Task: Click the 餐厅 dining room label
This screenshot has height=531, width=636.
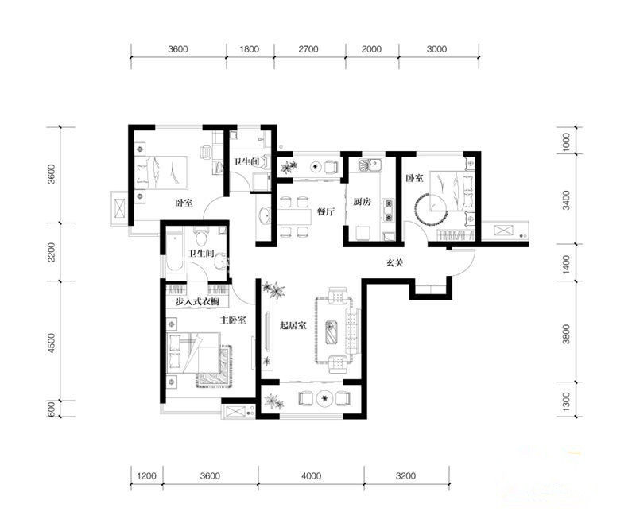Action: click(326, 211)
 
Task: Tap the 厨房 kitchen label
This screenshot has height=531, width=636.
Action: click(362, 202)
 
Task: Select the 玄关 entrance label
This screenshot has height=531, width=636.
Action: click(394, 262)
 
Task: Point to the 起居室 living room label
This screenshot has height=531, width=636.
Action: click(293, 325)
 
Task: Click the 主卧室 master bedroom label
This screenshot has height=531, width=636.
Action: click(233, 320)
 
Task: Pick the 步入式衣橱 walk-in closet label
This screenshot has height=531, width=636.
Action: click(197, 302)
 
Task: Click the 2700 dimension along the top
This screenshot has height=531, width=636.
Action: click(308, 49)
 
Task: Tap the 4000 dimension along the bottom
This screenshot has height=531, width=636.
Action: click(312, 475)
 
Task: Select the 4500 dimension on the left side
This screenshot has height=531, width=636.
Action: click(52, 343)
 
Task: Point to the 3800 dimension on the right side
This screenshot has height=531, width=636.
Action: click(566, 334)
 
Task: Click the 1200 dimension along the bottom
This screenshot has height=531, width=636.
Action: click(146, 475)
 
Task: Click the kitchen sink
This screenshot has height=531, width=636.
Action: click(369, 165)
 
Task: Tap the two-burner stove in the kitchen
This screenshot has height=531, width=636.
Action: click(389, 210)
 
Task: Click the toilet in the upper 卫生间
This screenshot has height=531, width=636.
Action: click(263, 162)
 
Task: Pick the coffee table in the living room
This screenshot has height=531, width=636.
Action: click(332, 331)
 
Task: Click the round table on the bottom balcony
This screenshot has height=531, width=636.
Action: click(324, 398)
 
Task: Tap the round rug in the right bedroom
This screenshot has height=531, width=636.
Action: click(430, 210)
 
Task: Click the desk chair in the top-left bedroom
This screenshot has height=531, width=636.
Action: click(206, 152)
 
